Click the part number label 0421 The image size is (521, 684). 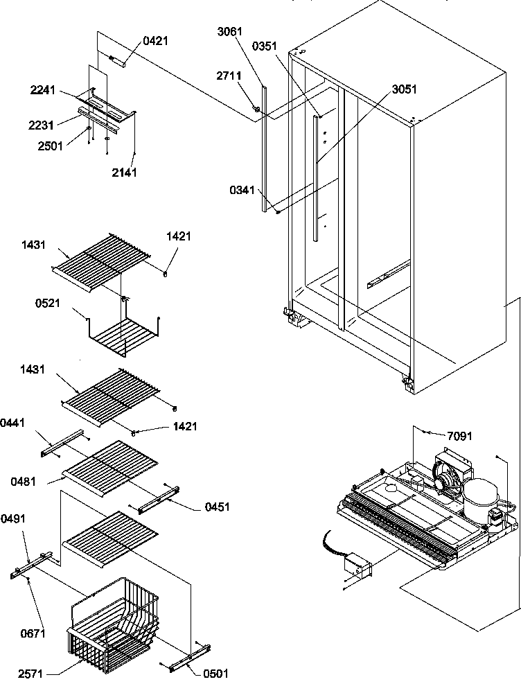click(x=155, y=42)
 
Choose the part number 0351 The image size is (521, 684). click(x=265, y=46)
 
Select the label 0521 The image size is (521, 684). click(x=46, y=302)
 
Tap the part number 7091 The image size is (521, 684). click(x=459, y=436)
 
